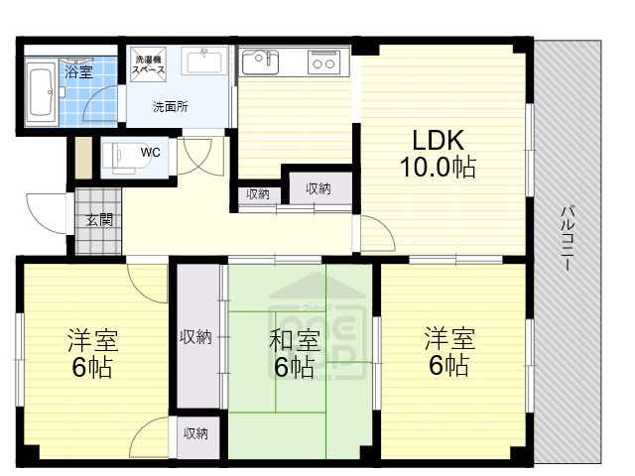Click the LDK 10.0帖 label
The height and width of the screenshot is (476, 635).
[437, 154]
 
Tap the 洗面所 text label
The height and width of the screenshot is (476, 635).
[170, 106]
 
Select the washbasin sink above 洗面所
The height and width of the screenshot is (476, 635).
[205, 60]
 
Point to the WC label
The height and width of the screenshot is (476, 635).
[152, 152]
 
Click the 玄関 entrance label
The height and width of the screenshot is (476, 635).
[97, 219]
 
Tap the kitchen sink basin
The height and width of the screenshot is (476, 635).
[261, 62]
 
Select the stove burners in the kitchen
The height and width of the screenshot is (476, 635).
[323, 62]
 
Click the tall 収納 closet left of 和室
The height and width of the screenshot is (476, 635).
[196, 337]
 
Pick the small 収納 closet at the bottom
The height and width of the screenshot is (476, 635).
[194, 433]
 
